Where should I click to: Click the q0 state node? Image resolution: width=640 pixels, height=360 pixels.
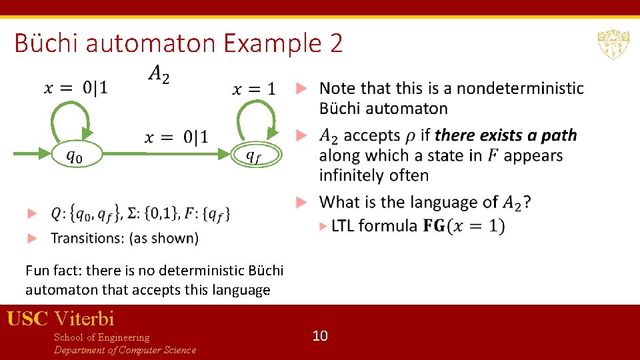coord(77,155)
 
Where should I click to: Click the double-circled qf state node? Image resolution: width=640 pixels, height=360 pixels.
coord(257,155)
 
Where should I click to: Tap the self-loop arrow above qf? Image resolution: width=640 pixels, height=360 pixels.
coord(257,119)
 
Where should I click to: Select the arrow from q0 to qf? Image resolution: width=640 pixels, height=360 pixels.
coord(167,155)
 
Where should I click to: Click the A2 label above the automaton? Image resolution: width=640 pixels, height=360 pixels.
coord(158,74)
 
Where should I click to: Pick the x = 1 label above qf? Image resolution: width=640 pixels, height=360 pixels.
coord(253,89)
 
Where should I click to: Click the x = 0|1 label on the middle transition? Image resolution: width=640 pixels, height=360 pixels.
coord(176,137)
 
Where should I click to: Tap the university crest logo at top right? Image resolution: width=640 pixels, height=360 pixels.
coord(613,44)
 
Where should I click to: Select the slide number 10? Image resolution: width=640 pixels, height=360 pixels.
coord(320,336)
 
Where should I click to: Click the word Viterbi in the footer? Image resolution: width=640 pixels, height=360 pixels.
coord(85,319)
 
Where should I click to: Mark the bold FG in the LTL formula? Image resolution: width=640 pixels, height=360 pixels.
coord(434,226)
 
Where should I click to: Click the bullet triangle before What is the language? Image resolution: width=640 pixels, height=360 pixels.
coord(301,201)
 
